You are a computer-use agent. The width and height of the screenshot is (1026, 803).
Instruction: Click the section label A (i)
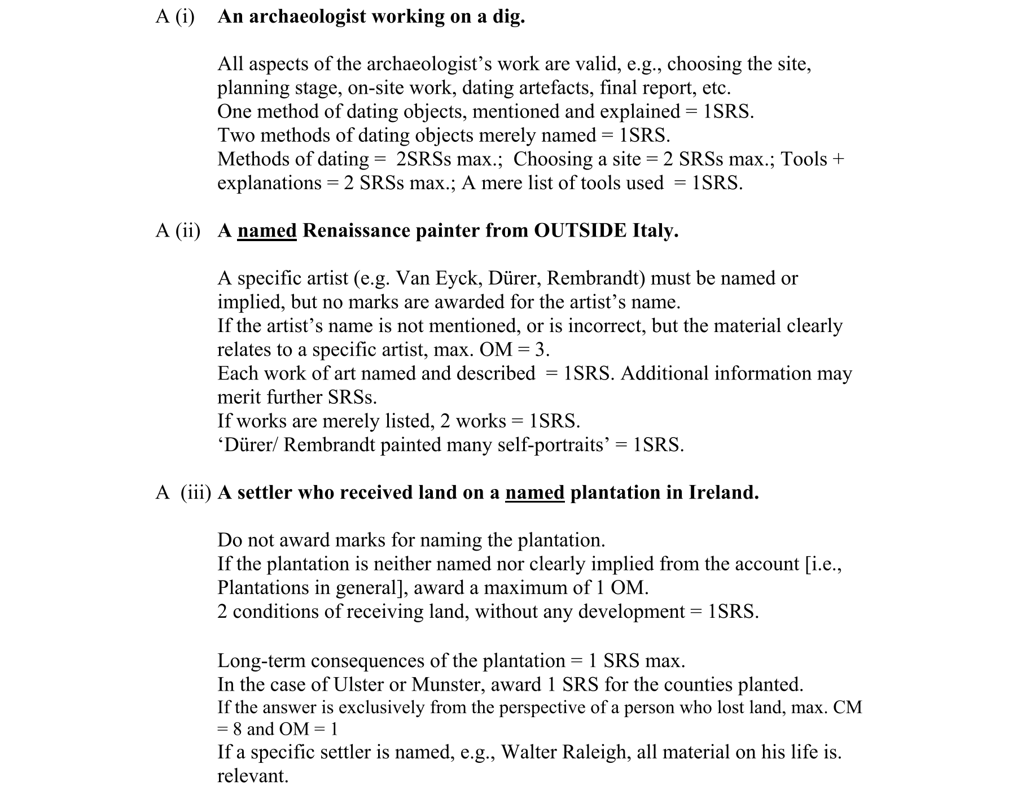click(175, 17)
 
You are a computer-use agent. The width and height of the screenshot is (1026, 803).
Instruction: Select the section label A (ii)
click(178, 231)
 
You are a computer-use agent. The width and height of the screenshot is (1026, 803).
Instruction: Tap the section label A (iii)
click(183, 493)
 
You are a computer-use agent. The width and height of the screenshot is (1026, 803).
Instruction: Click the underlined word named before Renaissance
click(267, 231)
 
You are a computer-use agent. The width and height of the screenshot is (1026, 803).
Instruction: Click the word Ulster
click(359, 685)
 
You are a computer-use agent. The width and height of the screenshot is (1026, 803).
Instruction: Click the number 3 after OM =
click(541, 350)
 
